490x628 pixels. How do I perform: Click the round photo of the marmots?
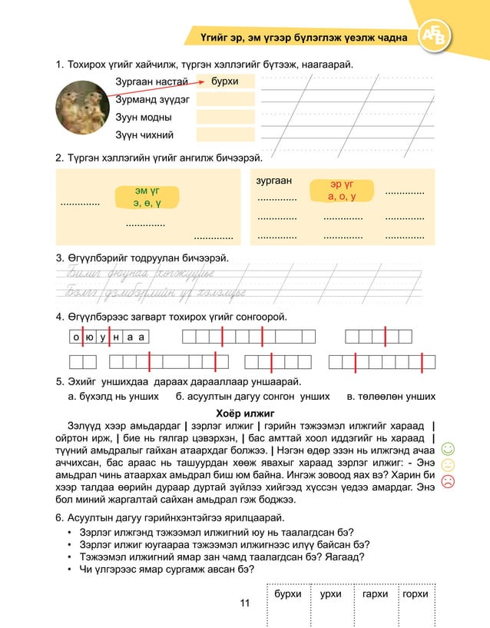click(81, 108)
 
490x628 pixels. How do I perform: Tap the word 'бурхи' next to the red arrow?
click(224, 81)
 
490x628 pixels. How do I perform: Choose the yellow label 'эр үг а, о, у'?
click(342, 191)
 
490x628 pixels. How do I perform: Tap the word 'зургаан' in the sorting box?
click(273, 181)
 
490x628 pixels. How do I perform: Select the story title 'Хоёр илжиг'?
click(244, 413)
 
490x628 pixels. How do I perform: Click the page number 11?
click(244, 603)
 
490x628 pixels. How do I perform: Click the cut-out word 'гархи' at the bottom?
click(375, 594)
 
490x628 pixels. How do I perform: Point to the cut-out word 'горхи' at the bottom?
click(416, 594)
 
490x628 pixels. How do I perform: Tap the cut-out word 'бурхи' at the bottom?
click(287, 594)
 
